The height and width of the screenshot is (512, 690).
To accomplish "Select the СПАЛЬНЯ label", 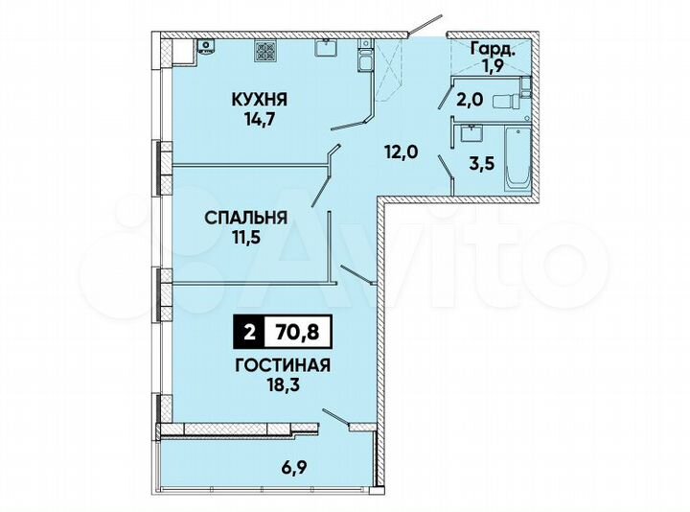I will click(246, 218).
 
